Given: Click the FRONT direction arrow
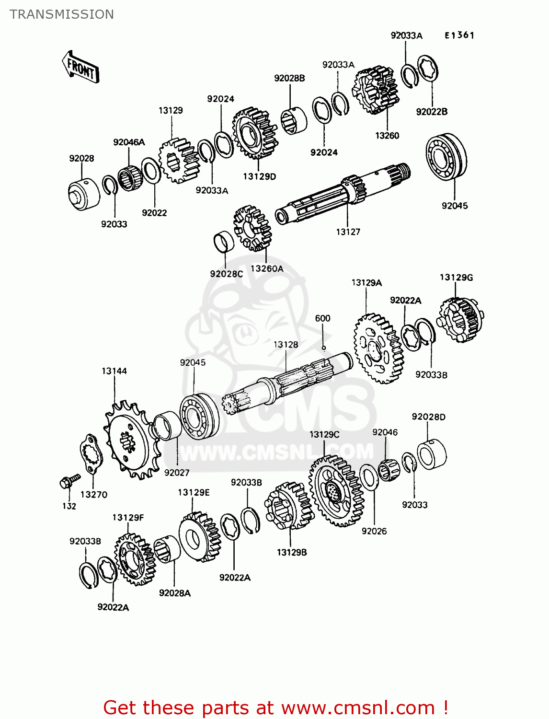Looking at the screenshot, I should point(80,68).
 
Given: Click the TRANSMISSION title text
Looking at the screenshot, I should point(62,14).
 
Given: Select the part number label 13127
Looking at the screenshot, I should point(348,232).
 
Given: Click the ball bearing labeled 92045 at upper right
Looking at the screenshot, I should point(446,157).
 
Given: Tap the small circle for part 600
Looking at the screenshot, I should point(324,348).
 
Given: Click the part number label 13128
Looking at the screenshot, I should point(286,345).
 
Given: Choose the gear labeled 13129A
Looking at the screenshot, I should point(378,348).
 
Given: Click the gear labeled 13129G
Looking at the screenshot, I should point(460,320).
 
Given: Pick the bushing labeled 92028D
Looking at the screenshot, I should point(432,454).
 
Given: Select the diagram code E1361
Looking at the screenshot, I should point(459,35).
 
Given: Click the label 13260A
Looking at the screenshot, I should point(267,269).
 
